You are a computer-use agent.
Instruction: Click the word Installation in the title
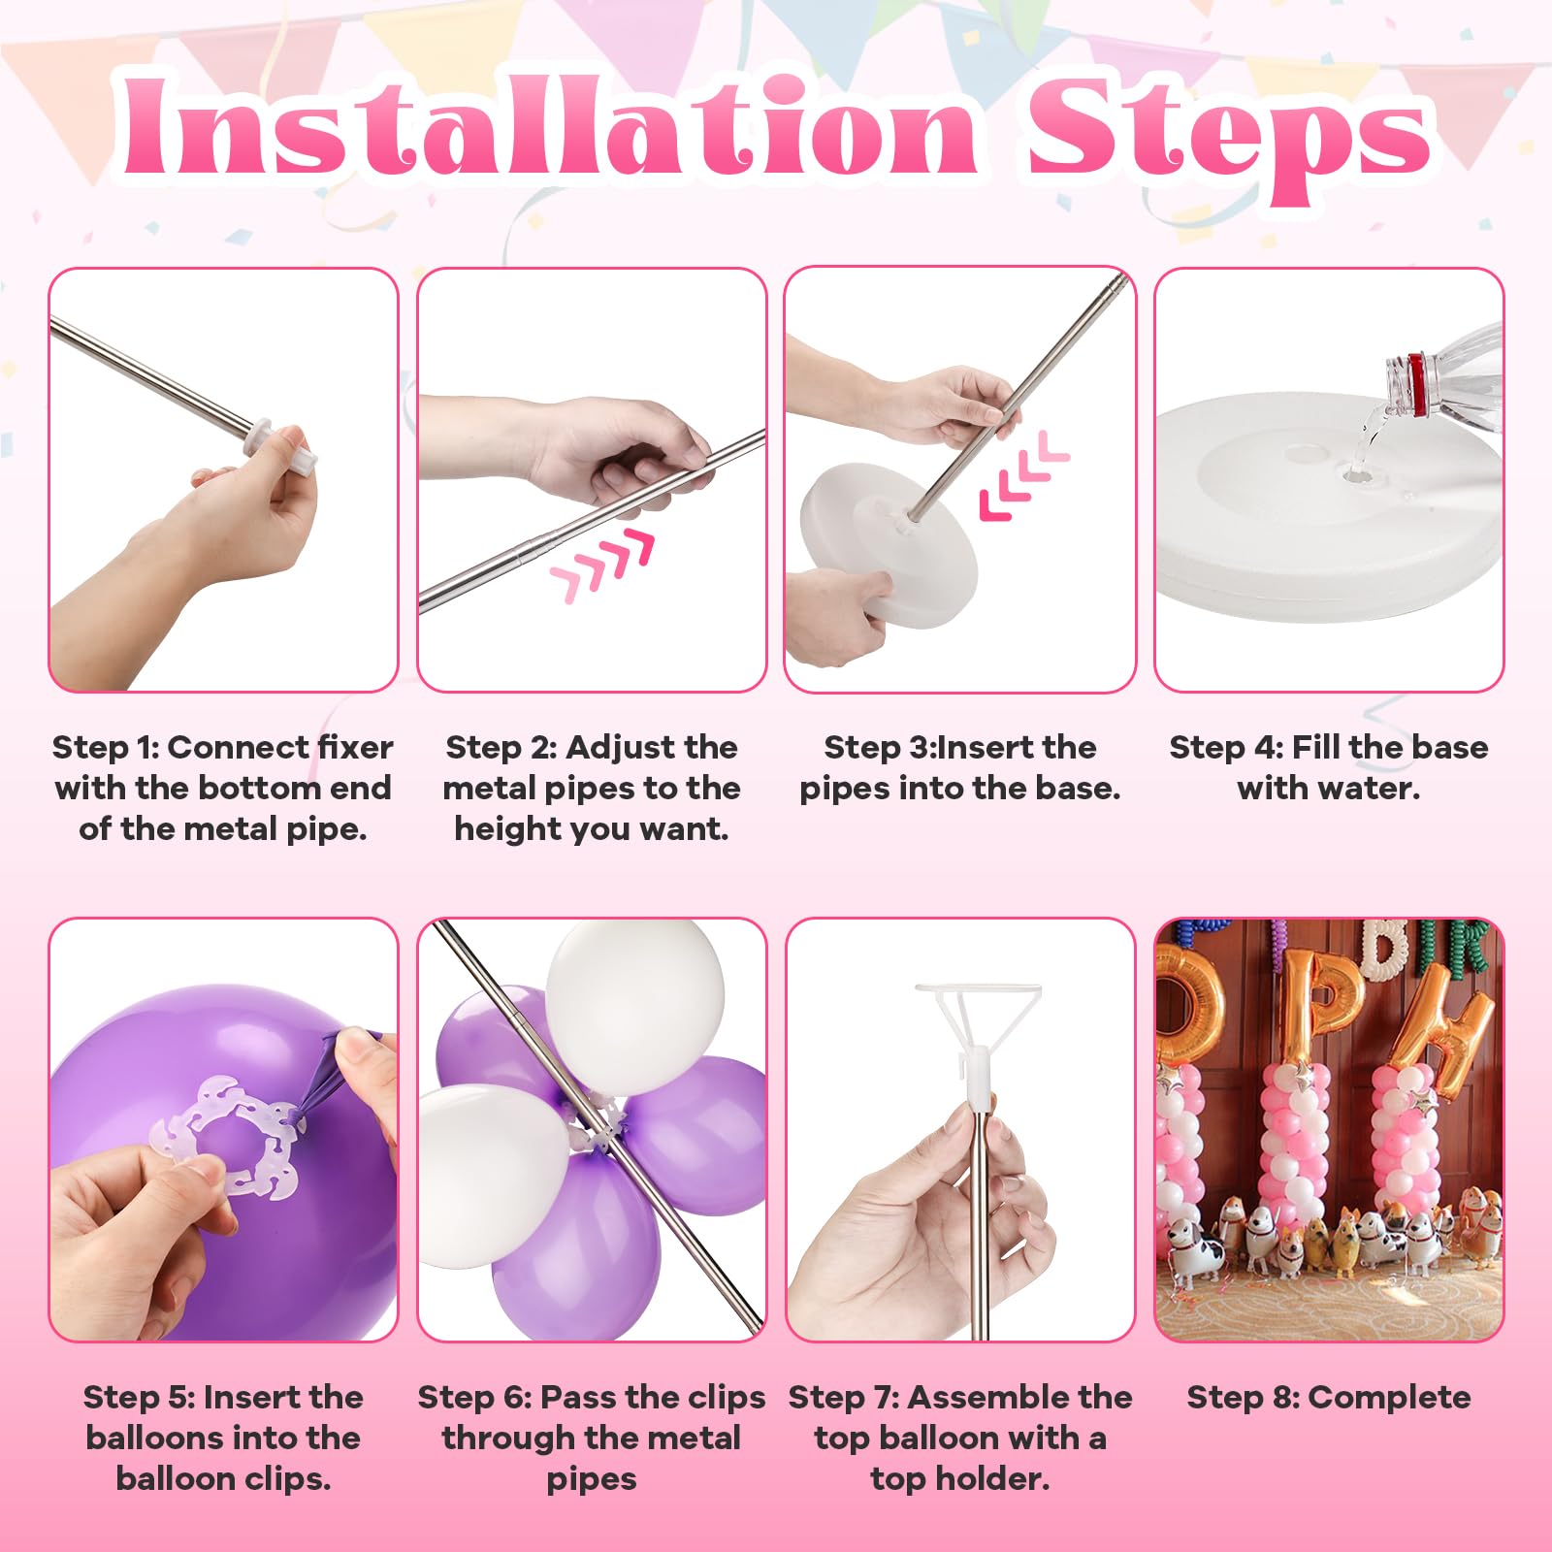point(549,127)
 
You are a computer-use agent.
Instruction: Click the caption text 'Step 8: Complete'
point(1329,1398)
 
